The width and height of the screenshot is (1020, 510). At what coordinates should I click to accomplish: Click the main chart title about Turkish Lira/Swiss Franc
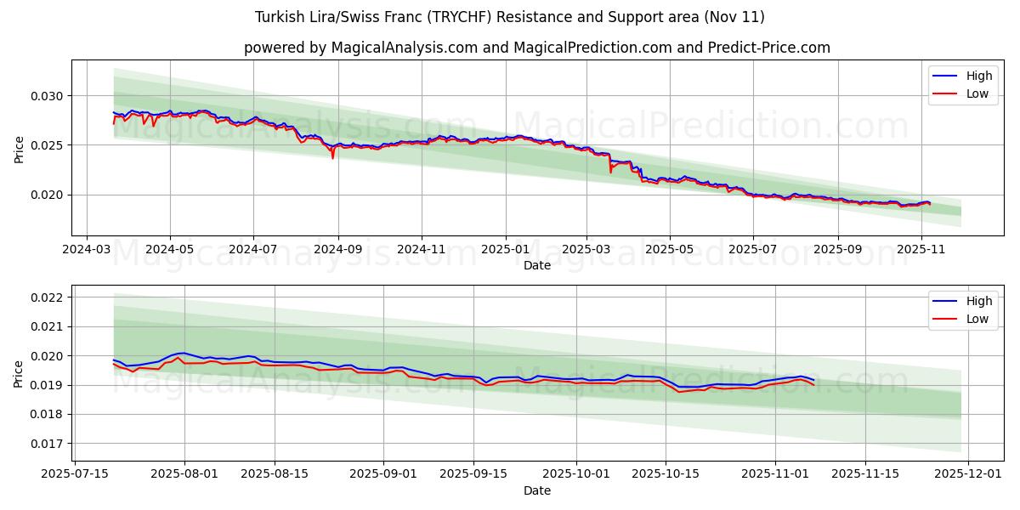click(509, 17)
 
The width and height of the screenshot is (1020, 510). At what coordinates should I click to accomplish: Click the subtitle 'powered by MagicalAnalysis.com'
click(536, 48)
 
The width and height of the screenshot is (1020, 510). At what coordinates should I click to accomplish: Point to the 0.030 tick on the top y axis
click(48, 96)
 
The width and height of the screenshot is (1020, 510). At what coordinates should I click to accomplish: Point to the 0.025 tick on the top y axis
click(48, 145)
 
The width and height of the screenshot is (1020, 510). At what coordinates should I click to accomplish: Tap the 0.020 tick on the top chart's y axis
click(48, 195)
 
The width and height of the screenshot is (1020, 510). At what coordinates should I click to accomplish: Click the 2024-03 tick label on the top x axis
click(87, 249)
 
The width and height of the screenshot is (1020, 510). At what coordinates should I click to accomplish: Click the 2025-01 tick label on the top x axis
click(506, 249)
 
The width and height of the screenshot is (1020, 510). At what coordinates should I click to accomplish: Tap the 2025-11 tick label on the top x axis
click(921, 249)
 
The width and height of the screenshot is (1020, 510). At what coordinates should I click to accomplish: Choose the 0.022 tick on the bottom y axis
click(48, 297)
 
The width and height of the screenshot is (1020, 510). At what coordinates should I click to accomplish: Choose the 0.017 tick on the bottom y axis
click(48, 444)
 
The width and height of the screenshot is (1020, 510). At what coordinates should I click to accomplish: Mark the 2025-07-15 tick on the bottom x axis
click(76, 474)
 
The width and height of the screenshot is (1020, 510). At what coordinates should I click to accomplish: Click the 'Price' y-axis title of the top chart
click(20, 148)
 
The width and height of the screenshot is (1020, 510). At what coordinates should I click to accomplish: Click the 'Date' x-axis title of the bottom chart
click(536, 490)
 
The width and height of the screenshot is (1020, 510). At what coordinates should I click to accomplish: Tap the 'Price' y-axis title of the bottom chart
click(20, 373)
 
